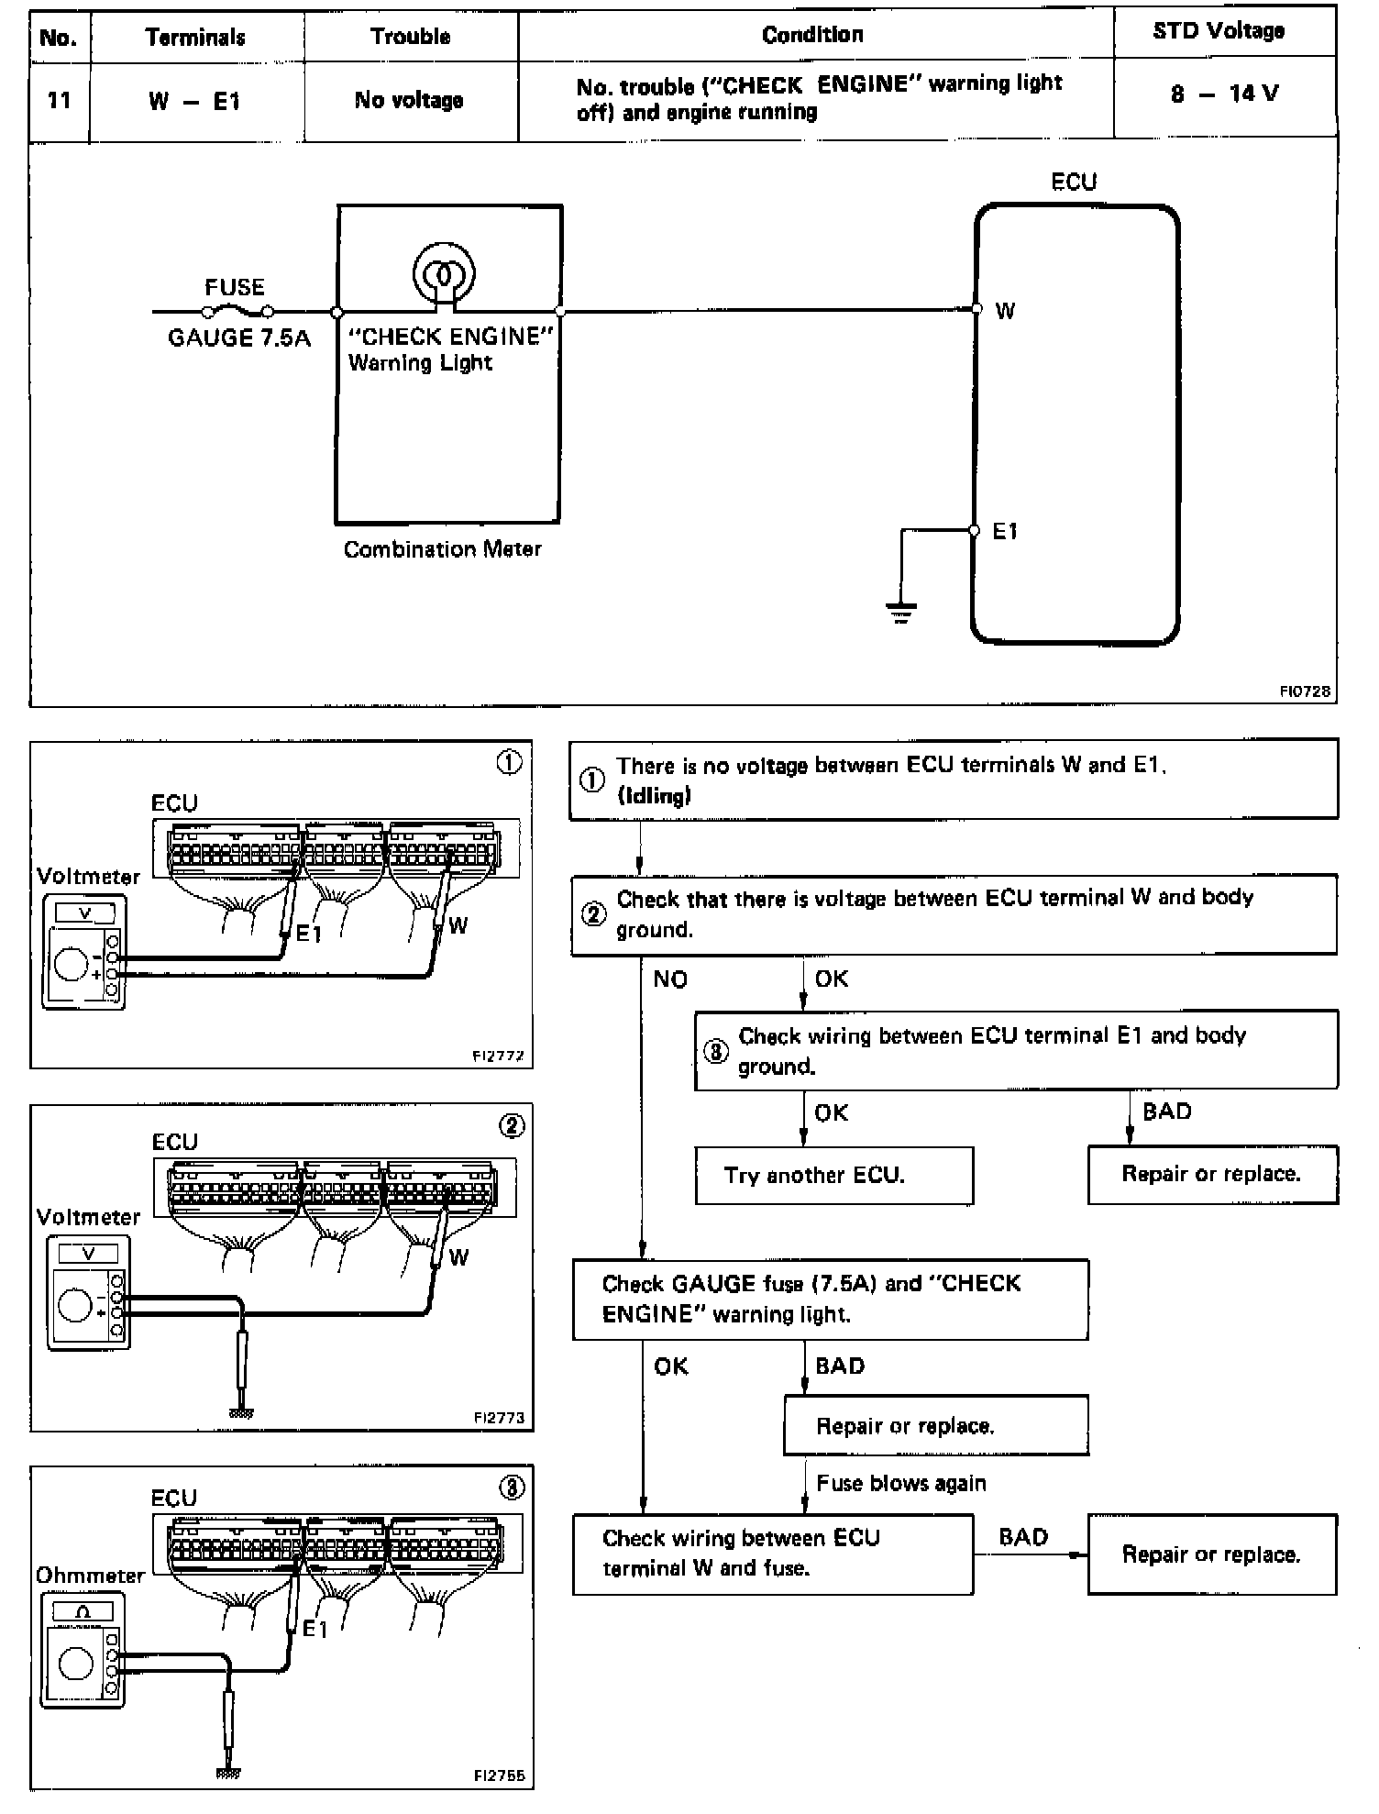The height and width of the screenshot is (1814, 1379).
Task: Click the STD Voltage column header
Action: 1218,31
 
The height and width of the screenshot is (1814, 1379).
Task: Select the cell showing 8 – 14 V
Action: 1224,94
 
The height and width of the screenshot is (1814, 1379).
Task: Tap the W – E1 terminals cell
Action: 194,101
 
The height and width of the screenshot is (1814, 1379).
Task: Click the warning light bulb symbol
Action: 444,272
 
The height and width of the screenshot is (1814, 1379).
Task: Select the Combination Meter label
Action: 442,549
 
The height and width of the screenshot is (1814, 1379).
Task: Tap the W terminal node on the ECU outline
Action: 976,309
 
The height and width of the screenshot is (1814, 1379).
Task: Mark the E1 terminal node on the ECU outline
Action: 975,530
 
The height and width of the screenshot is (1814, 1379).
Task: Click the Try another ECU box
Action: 833,1176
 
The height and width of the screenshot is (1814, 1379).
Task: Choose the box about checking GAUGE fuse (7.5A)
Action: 831,1299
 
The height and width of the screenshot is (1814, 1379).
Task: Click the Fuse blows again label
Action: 901,1483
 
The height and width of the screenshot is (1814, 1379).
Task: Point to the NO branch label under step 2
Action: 670,979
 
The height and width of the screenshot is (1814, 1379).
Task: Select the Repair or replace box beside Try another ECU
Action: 1212,1174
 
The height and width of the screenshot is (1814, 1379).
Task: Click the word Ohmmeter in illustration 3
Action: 90,1576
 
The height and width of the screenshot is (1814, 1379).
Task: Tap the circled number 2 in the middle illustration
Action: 512,1126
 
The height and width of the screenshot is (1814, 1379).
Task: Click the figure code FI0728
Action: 1305,691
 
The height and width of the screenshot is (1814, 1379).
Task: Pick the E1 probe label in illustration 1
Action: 309,934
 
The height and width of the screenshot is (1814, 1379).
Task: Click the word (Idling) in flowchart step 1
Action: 654,795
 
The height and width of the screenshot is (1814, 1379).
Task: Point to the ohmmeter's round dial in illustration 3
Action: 76,1663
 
